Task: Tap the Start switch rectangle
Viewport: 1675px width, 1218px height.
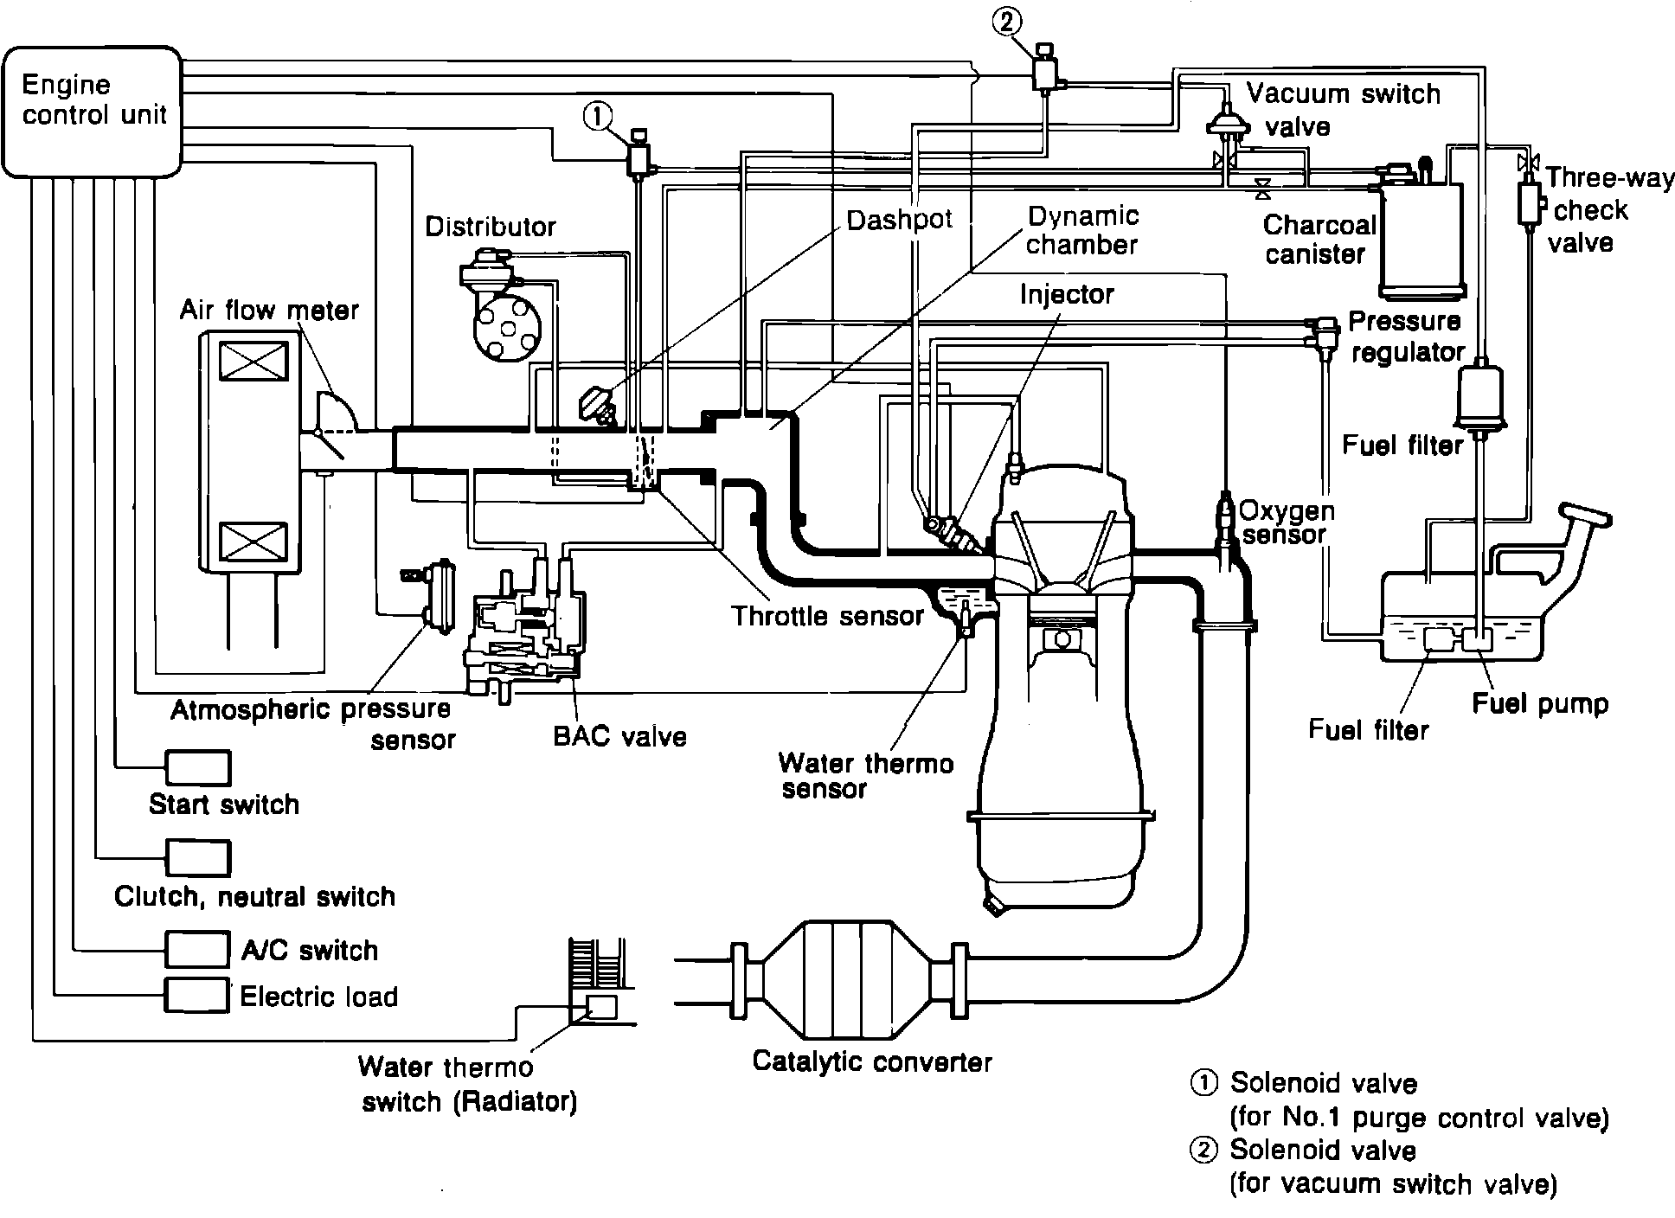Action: (x=197, y=767)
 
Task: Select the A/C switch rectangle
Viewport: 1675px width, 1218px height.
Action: (x=197, y=949)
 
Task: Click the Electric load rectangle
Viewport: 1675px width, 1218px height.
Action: (x=197, y=995)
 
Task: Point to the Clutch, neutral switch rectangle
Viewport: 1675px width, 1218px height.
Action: (x=197, y=857)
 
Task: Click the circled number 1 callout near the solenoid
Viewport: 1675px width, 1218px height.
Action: (x=598, y=116)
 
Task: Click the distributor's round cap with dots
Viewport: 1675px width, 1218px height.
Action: (x=505, y=330)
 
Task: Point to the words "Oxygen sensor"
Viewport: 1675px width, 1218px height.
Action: (x=1286, y=522)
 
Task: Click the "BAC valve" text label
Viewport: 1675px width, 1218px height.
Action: (x=619, y=736)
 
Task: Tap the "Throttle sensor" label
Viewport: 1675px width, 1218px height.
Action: (x=827, y=616)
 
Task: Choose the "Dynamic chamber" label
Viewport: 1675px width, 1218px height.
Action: (x=1081, y=230)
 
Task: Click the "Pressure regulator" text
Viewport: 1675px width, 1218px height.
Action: (x=1405, y=337)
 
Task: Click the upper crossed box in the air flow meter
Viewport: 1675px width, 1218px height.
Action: (x=253, y=360)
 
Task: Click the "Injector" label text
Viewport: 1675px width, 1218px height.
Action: (x=1066, y=294)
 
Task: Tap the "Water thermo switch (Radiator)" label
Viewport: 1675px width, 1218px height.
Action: (x=468, y=1085)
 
